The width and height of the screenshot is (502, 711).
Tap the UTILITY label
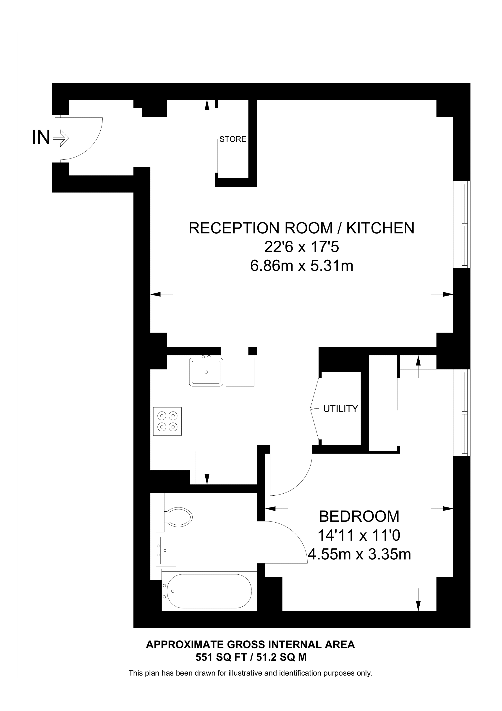tap(340, 409)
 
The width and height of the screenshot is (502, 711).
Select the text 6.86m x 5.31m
tap(302, 266)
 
